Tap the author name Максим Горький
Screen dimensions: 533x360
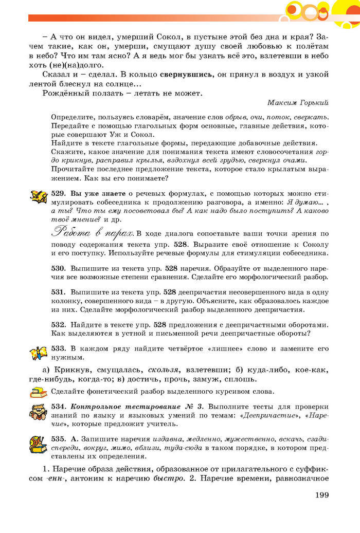coord(298,103)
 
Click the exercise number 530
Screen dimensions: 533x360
coord(58,268)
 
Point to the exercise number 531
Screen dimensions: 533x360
coord(58,291)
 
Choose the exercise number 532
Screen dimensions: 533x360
coord(58,324)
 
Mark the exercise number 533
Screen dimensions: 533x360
coord(58,348)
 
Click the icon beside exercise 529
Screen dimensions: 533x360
coord(39,197)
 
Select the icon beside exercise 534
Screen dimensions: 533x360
coord(39,412)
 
